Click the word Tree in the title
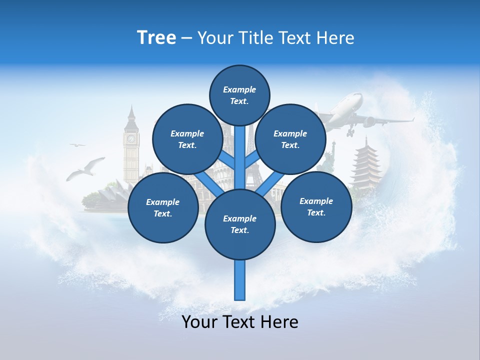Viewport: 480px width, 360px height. [x=156, y=37]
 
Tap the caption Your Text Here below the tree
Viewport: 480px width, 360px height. [x=240, y=322]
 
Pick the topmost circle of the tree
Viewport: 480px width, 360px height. [x=239, y=95]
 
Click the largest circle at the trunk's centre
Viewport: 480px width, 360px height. [x=240, y=224]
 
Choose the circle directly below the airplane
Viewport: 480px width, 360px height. [x=290, y=139]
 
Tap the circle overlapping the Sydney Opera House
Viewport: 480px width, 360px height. [x=163, y=207]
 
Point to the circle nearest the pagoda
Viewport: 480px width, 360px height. [x=316, y=206]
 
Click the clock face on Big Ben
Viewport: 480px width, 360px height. [x=131, y=139]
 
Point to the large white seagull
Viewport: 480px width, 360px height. [x=86, y=168]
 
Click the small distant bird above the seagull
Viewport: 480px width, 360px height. [x=77, y=145]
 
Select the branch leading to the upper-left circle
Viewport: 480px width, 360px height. [x=228, y=161]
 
